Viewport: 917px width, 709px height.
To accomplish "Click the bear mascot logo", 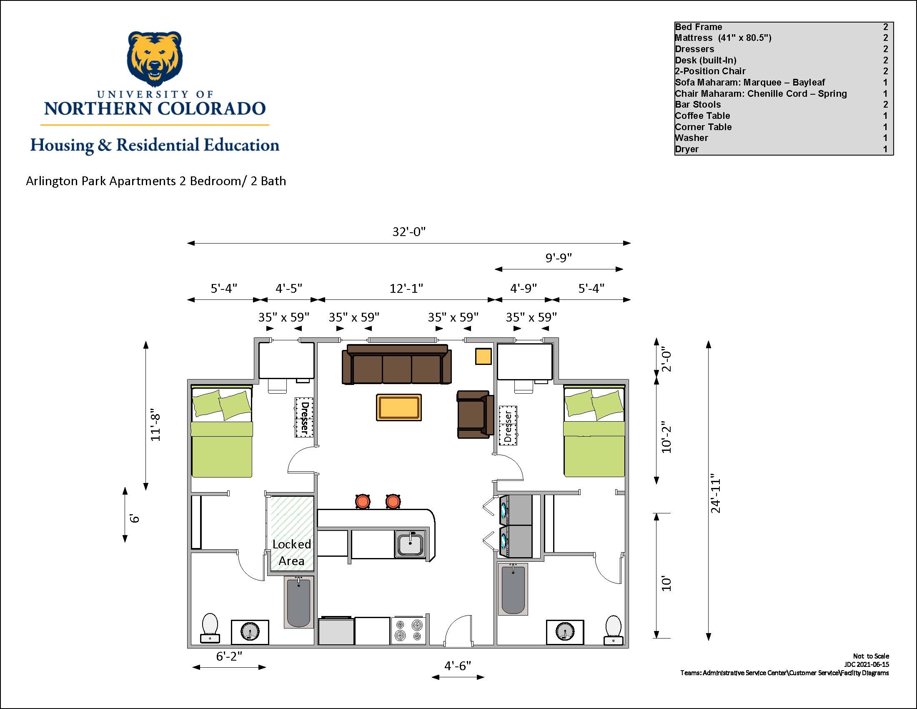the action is (155, 59).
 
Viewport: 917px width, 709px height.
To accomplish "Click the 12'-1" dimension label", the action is (406, 289).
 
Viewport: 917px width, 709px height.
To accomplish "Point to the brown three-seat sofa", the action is (397, 364).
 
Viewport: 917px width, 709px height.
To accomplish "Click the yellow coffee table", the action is (399, 407).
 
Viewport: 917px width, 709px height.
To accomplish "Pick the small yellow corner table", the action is (483, 356).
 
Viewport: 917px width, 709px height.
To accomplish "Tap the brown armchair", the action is (475, 415).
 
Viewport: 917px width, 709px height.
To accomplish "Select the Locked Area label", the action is (292, 552).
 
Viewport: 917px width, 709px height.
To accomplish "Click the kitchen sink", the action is (410, 544).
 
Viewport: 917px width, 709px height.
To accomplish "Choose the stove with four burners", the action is (408, 631).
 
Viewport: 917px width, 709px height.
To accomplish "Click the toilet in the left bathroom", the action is (210, 628).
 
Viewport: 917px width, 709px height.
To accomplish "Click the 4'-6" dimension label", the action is (458, 666).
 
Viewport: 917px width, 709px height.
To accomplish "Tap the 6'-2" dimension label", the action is (229, 656).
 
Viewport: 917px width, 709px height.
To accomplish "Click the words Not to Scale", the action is (871, 656).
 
